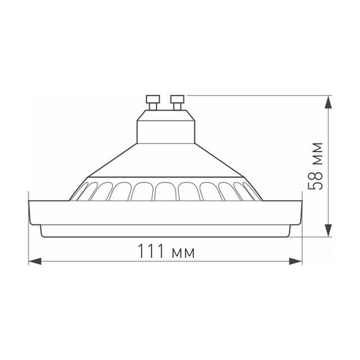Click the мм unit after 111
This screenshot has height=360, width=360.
click(183, 253)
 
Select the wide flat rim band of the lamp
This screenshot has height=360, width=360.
click(164, 212)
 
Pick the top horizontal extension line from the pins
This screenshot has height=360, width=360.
click(253, 95)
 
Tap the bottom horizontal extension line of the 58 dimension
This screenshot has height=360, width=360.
click(313, 237)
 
